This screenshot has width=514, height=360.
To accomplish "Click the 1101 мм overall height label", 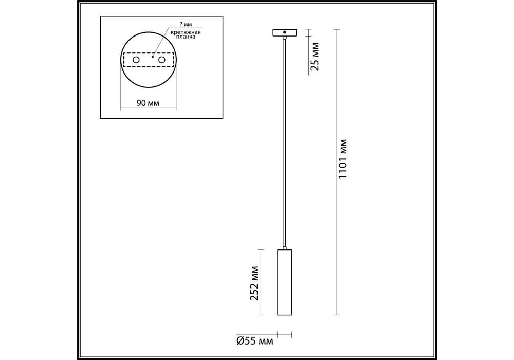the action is [342, 159].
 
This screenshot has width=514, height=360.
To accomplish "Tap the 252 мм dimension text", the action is [254, 283].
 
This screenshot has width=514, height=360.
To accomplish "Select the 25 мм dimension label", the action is [315, 57].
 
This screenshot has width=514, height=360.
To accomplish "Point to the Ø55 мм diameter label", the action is [255, 341].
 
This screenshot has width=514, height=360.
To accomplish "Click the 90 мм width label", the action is [148, 103].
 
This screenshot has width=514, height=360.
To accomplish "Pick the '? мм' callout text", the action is [186, 25].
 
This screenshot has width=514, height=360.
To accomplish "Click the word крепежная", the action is [186, 32].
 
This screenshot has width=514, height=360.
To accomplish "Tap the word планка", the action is [186, 37].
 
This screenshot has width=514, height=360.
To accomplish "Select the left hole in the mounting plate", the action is [136, 60].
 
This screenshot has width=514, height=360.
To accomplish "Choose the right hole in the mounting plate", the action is [161, 60].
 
